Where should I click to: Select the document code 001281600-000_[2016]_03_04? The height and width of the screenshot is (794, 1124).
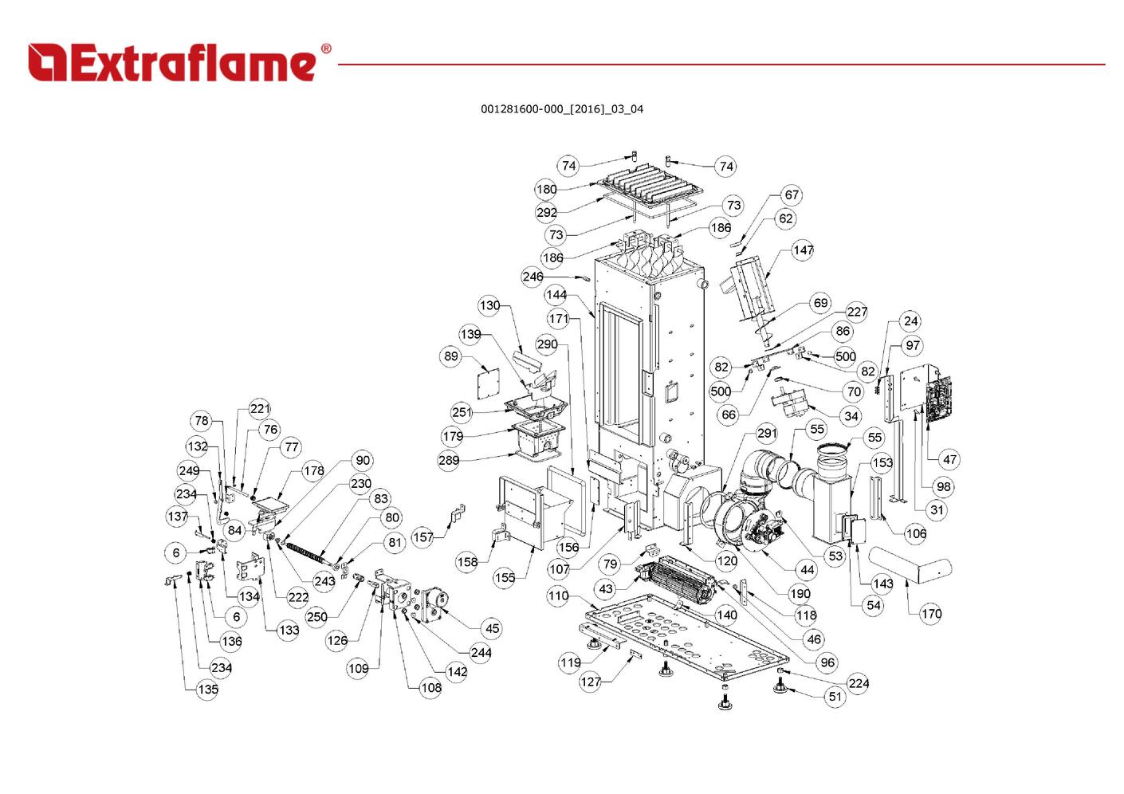tap(561, 109)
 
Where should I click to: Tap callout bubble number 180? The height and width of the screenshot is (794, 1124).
tap(546, 190)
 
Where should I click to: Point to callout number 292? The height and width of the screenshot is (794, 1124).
tap(547, 213)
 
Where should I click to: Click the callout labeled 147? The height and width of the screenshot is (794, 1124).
tap(803, 250)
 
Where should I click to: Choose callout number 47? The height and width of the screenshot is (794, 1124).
tap(949, 459)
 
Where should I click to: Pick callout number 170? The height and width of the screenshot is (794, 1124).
tap(931, 614)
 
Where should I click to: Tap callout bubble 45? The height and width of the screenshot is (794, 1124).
tap(493, 628)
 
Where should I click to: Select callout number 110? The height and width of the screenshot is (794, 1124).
tap(558, 595)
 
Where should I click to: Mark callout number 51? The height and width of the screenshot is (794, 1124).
tap(835, 696)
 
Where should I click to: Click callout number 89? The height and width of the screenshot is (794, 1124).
tap(451, 356)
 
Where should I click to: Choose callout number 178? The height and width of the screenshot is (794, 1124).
tap(314, 471)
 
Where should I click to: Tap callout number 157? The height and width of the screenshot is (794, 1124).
tap(422, 537)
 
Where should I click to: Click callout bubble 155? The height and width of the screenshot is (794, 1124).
tap(505, 577)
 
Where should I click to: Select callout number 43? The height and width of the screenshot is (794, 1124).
tap(607, 589)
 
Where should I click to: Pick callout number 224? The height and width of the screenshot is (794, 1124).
tap(859, 683)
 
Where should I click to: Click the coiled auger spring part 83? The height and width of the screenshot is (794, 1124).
tap(307, 550)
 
